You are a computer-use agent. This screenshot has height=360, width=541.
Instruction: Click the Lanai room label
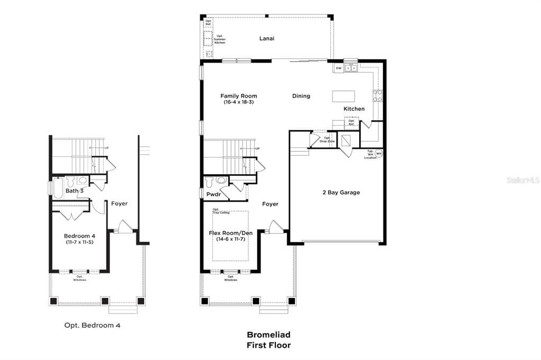tap(267, 39)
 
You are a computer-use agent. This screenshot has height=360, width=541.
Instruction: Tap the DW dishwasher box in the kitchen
tap(338, 68)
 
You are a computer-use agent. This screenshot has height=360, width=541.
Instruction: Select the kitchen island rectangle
tap(343, 96)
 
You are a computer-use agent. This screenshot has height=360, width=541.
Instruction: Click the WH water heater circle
tap(379, 154)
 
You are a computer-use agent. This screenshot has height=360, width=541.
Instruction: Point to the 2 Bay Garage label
tap(341, 193)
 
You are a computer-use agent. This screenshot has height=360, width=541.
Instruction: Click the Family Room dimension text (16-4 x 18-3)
tap(238, 102)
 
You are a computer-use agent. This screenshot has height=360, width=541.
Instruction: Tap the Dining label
tap(301, 96)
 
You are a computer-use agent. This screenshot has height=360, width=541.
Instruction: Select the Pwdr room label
tap(213, 195)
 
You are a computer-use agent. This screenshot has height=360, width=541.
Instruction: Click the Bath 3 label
tap(74, 191)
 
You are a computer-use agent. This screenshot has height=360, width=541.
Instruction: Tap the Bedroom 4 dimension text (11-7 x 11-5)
tap(79, 242)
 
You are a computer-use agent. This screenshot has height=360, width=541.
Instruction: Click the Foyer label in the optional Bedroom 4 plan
tap(119, 203)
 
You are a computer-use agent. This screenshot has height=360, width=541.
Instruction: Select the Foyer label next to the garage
tap(270, 204)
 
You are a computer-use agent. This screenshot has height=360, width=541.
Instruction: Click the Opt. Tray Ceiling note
tap(219, 211)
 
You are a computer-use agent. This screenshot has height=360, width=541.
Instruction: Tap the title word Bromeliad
tap(268, 335)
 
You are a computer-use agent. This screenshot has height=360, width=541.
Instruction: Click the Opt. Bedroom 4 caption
tap(92, 326)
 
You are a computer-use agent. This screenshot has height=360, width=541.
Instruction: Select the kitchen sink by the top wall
tap(351, 68)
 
